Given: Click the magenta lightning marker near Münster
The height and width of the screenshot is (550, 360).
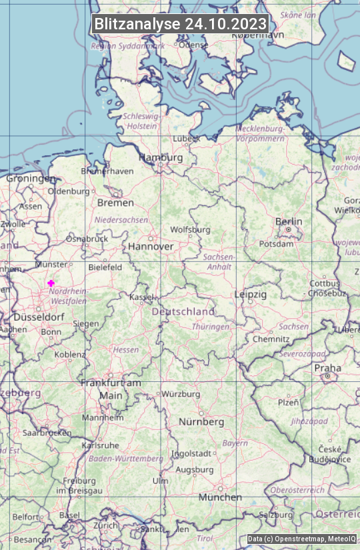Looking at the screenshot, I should (51, 283).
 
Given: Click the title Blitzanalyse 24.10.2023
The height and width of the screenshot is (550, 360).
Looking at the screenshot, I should (180, 24).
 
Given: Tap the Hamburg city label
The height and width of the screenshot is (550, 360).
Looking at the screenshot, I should (160, 158).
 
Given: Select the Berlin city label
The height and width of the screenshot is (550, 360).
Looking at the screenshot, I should (289, 221).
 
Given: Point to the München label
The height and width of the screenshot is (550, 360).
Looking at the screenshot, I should (220, 497).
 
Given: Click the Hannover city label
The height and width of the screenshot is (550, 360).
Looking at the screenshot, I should (151, 246).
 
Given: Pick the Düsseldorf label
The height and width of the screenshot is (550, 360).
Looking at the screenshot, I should (39, 317).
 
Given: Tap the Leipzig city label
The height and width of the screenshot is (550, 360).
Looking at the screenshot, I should (251, 294).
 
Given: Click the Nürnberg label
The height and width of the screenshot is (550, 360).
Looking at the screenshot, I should (201, 422).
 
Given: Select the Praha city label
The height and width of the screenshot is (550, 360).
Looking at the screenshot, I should (327, 368).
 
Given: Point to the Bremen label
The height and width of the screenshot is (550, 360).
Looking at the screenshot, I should (115, 203).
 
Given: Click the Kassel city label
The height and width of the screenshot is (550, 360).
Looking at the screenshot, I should (141, 297).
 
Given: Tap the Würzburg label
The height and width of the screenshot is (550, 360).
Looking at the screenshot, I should (181, 394).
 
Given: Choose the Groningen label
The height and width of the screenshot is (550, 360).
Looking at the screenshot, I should (31, 179).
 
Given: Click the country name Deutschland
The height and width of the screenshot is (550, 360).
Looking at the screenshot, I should (183, 311).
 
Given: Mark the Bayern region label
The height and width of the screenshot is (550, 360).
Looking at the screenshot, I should (235, 443).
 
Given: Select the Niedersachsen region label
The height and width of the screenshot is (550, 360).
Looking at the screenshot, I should (121, 219).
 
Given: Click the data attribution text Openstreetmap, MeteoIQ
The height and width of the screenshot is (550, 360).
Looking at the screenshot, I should (302, 539).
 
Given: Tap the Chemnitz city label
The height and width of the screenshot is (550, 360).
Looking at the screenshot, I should (271, 339).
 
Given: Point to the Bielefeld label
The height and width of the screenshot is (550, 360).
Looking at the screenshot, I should (105, 267).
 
